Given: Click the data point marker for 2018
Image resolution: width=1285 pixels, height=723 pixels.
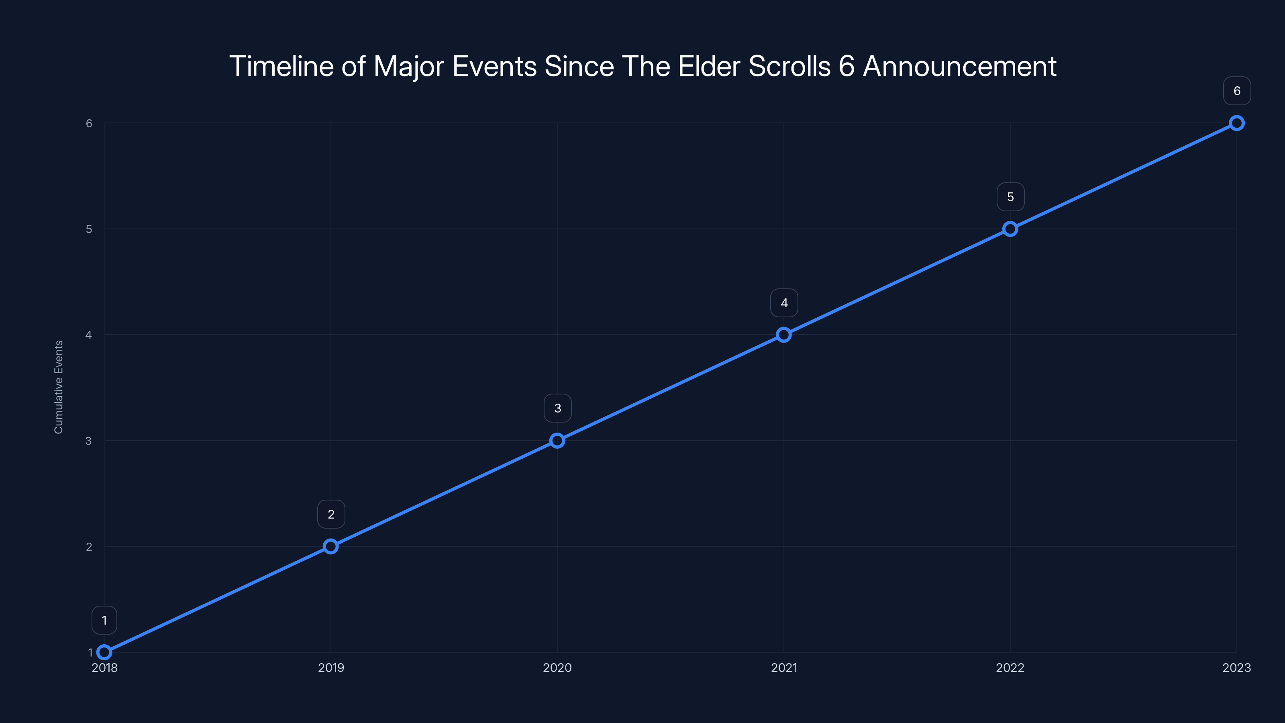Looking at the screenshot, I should [104, 652].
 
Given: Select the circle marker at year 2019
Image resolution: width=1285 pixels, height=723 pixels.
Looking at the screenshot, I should [331, 546].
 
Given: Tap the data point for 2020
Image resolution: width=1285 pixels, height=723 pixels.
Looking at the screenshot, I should [557, 441].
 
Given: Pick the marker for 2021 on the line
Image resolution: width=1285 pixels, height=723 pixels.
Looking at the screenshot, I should [784, 335].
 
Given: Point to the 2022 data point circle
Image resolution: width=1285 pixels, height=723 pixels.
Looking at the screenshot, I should [1010, 229].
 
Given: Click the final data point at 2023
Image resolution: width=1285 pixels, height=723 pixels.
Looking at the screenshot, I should [1237, 123].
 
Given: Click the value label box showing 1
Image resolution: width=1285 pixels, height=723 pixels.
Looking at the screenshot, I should [104, 620].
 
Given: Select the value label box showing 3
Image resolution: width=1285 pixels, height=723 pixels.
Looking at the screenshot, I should [557, 408].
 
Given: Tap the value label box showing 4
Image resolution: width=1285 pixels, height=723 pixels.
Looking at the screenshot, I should [784, 303].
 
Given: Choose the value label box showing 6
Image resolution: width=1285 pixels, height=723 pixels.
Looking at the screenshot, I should [1237, 91].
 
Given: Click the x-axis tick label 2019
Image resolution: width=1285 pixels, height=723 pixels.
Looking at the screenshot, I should [331, 668].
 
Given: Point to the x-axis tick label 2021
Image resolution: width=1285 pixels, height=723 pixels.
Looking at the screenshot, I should [784, 668].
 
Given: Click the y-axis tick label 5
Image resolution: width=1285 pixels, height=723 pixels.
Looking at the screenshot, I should [89, 229].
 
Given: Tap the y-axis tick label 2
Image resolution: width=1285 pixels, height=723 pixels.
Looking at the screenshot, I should [89, 546].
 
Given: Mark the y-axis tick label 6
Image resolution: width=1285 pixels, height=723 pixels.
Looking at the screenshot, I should [89, 123].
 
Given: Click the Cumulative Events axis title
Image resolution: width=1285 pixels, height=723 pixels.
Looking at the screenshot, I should [58, 387].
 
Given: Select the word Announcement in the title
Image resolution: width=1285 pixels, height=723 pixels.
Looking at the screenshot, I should [959, 66].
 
